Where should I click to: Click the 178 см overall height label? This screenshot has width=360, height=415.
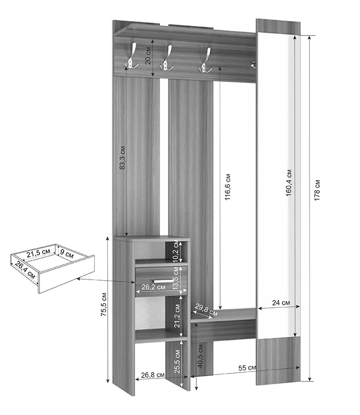317,190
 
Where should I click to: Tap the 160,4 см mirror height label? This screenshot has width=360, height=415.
289,183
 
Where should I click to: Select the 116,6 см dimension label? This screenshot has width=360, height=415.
227,187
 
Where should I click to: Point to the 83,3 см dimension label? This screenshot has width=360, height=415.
122,158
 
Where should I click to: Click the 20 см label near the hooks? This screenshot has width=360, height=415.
148,55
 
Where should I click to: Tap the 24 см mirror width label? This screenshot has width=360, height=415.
281,302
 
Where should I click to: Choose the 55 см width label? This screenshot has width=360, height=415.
247,368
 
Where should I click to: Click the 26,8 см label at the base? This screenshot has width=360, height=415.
153,375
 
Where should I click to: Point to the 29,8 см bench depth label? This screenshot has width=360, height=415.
206,310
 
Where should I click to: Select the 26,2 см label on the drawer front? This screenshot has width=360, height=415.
153,287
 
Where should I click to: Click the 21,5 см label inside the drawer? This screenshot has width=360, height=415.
39,253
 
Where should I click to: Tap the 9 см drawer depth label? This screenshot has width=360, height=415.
66,253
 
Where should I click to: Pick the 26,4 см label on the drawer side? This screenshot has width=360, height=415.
25,270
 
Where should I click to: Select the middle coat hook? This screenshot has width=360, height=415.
167,58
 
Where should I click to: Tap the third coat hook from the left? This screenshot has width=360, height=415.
206,60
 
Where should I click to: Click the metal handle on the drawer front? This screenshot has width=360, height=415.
163,281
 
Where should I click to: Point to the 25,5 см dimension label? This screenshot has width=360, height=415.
177,362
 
